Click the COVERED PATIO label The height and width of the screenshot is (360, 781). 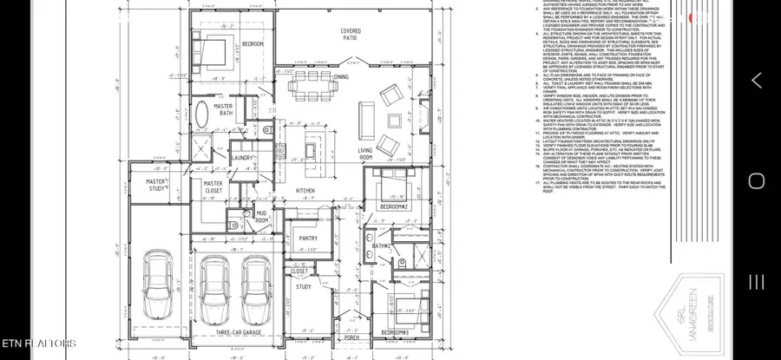tap(350, 36)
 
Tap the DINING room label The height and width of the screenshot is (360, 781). tap(342, 77)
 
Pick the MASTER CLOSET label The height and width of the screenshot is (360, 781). tap(213, 187)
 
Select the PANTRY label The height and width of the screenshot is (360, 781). tap(307, 238)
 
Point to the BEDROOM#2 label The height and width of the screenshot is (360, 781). tap(393, 207)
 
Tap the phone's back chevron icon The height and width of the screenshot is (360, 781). tap(756, 81)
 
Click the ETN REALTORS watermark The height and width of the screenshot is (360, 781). tap(38, 344)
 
